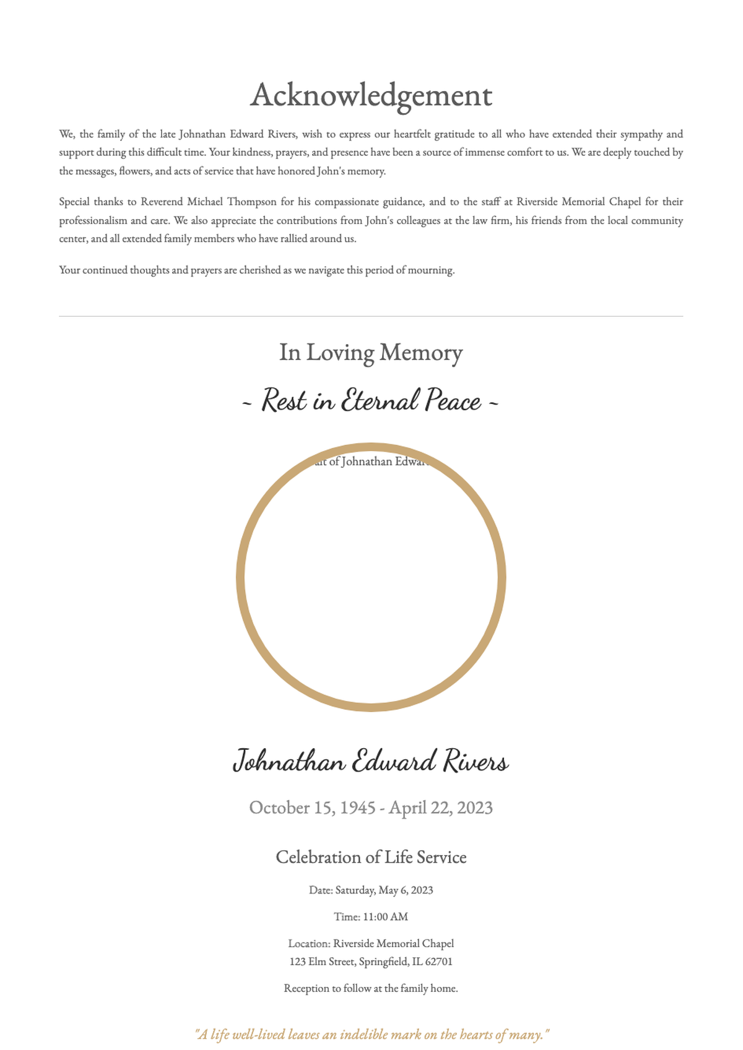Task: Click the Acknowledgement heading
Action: click(x=371, y=96)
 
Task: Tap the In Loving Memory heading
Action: click(x=371, y=353)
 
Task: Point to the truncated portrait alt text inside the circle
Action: click(x=371, y=462)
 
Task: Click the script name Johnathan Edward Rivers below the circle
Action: click(x=371, y=761)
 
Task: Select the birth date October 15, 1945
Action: click(x=312, y=808)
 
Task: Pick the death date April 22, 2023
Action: click(x=441, y=808)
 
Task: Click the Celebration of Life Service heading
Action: click(x=371, y=858)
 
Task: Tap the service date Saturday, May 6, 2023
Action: click(x=384, y=890)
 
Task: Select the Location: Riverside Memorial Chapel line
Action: click(x=371, y=944)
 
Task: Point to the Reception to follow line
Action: click(x=371, y=989)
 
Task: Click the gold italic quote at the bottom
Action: click(x=372, y=1035)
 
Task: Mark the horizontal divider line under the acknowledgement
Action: click(x=371, y=316)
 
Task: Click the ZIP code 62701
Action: click(x=439, y=962)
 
